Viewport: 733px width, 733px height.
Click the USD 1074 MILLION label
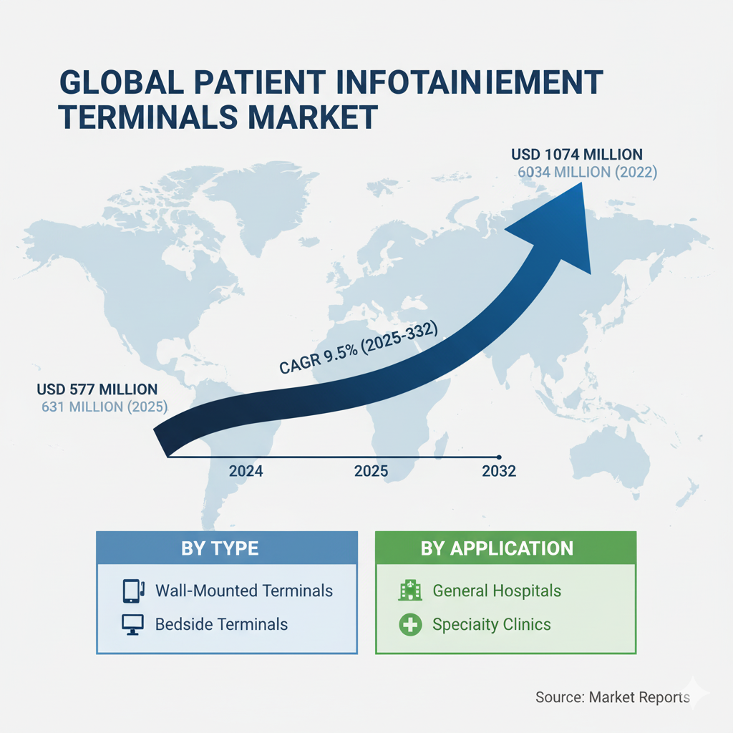577,154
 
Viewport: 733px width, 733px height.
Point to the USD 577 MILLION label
97,389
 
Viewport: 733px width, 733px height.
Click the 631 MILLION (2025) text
105,408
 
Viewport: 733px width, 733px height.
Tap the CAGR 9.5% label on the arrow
357,347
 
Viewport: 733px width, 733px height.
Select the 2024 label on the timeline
246,471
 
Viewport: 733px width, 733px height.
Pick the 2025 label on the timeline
371,471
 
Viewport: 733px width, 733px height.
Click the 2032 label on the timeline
499,471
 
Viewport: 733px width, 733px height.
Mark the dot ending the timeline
499,457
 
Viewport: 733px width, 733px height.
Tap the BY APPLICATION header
497,549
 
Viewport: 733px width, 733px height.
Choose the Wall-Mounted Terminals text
244,591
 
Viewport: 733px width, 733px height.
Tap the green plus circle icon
409,624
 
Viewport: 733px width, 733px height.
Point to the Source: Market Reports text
612,697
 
